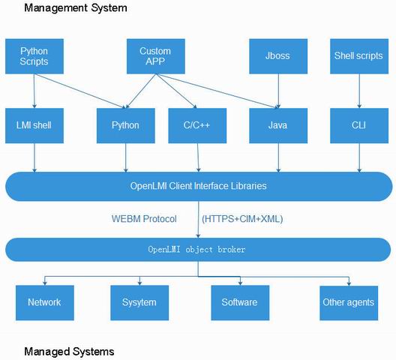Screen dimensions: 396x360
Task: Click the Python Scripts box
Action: pos(34,56)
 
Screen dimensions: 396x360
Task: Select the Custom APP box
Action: pos(156,56)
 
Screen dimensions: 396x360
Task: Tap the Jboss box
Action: pos(278,56)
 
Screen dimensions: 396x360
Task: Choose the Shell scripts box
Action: pos(359,56)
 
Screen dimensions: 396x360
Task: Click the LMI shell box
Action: pos(34,125)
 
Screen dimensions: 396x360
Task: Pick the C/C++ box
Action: pos(197,125)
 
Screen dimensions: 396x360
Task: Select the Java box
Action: pos(278,125)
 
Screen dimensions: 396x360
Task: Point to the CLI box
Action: pos(359,125)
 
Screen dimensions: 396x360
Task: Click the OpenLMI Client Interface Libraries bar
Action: pos(199,187)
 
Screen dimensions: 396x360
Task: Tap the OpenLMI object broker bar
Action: pos(198,250)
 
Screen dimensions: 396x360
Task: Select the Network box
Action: pos(45,303)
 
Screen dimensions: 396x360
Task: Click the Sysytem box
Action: pos(139,303)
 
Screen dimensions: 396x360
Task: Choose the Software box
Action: pos(240,303)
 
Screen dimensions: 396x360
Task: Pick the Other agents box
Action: pos(349,303)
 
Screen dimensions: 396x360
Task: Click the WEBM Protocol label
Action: pos(144,219)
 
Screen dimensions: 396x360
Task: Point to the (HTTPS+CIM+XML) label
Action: pos(242,219)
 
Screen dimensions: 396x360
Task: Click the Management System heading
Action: pos(76,8)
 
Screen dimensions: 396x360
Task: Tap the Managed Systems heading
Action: pos(69,352)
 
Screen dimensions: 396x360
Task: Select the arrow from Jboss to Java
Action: pos(278,91)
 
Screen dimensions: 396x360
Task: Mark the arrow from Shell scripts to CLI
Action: pos(359,91)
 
